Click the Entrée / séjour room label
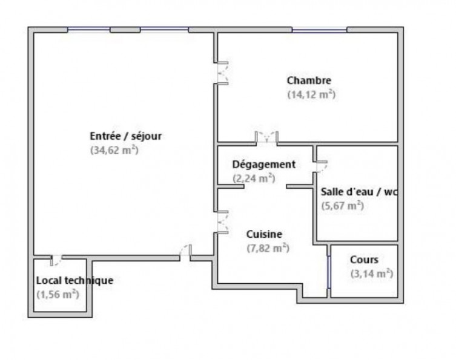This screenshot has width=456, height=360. click(x=125, y=136)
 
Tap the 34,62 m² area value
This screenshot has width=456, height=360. click(x=114, y=150)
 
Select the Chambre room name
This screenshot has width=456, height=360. click(x=309, y=80)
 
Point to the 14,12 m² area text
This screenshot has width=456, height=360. click(x=311, y=94)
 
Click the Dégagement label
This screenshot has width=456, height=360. click(x=263, y=165)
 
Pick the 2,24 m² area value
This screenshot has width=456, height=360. click(x=254, y=178)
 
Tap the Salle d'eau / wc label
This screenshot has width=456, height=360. click(x=359, y=192)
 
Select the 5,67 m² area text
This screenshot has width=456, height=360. click(x=342, y=205)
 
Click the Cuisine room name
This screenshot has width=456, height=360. click(x=264, y=234)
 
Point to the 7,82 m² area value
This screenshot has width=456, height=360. click(x=267, y=247)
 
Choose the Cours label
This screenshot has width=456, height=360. click(x=364, y=260)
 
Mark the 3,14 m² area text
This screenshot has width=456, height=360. click(x=371, y=273)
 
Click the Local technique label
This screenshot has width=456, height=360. click(x=74, y=280)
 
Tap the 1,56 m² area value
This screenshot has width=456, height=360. click(x=58, y=294)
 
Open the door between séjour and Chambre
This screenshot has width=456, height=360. click(x=222, y=73)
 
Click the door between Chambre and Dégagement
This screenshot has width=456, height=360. click(x=266, y=137)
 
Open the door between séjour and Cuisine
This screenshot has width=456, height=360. click(x=222, y=221)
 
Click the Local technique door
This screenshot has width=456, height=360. click(x=55, y=260)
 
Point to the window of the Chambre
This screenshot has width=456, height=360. click(x=319, y=30)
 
